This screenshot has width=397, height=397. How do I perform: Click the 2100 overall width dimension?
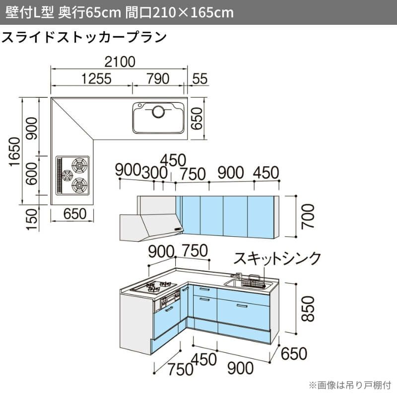pyautogui.click(x=120, y=62)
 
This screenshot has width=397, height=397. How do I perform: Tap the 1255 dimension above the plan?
pyautogui.click(x=96, y=79)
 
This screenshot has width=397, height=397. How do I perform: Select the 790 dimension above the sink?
pyautogui.click(x=158, y=79)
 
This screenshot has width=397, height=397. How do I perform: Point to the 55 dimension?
pyautogui.click(x=200, y=79)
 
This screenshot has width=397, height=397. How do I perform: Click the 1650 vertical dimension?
pyautogui.click(x=15, y=152)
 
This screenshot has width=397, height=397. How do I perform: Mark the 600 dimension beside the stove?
pyautogui.click(x=32, y=174)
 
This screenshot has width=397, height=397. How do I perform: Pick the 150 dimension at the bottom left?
pyautogui.click(x=32, y=219)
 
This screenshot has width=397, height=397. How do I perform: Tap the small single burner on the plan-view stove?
pyautogui.click(x=67, y=175)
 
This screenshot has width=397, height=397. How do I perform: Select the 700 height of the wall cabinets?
pyautogui.click(x=308, y=217)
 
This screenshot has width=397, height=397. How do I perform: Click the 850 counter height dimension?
pyautogui.click(x=308, y=309)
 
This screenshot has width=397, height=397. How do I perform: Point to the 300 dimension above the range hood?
pyautogui.click(x=154, y=173)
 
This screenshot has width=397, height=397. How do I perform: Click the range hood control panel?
pyautogui.click(x=178, y=229)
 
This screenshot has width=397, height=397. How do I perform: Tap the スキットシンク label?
pyautogui.click(x=277, y=259)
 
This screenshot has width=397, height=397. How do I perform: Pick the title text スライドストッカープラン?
pyautogui.click(x=84, y=37)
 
